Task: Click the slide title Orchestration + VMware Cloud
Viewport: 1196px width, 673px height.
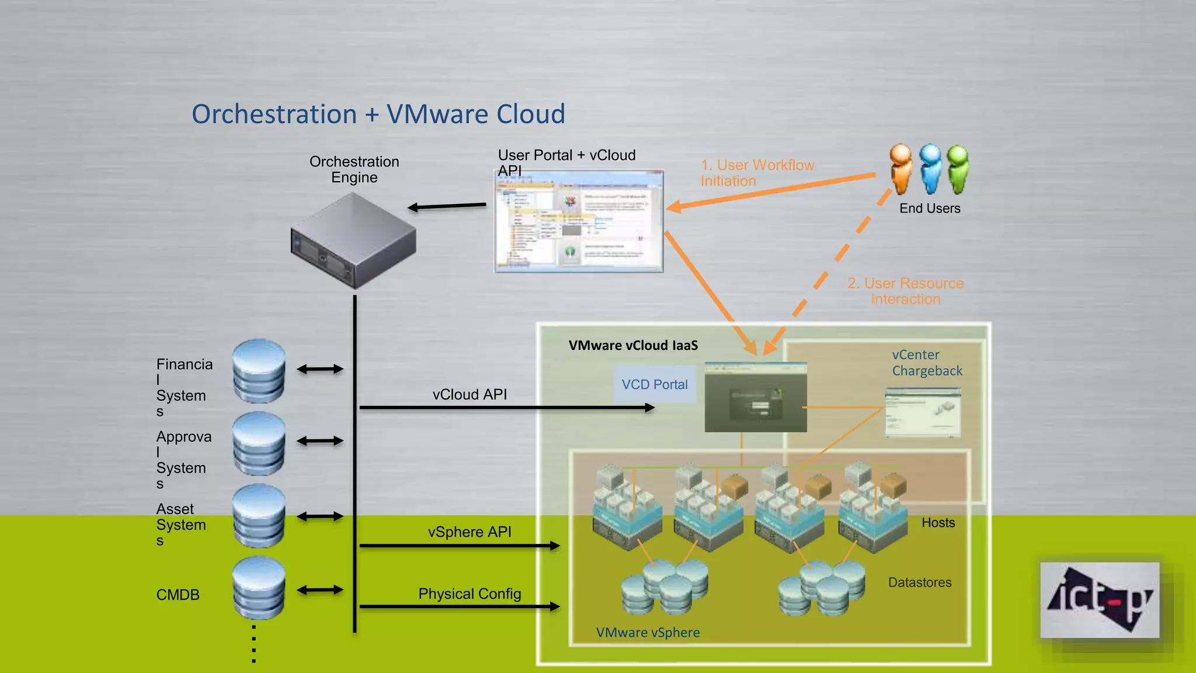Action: coord(378,114)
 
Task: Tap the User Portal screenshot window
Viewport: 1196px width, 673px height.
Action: coord(579,222)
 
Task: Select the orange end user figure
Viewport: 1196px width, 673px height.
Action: coord(901,169)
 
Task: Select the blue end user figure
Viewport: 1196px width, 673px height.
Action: coord(930,169)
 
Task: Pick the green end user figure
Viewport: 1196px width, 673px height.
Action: coord(958,169)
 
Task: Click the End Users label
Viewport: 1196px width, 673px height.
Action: coord(929,209)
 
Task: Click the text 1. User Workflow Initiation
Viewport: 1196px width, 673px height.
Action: coord(757,173)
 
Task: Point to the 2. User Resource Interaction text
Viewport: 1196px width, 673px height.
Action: coord(905,291)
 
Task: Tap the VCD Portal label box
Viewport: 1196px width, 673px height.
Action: coord(655,384)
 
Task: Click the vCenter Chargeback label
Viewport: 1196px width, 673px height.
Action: coord(927,363)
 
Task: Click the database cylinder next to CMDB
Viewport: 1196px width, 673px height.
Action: coord(259,588)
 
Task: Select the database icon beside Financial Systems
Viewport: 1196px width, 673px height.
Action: coord(259,371)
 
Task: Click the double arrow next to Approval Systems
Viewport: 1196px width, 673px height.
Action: coord(320,441)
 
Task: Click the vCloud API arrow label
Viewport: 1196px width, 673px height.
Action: coord(470,395)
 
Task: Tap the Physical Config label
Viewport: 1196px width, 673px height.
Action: coord(470,594)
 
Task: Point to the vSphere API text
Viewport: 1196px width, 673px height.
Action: coord(470,532)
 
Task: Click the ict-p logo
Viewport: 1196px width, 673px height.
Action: coord(1099,600)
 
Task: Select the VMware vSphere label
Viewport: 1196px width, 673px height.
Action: coord(648,633)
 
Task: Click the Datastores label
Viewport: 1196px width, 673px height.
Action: coord(919,582)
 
